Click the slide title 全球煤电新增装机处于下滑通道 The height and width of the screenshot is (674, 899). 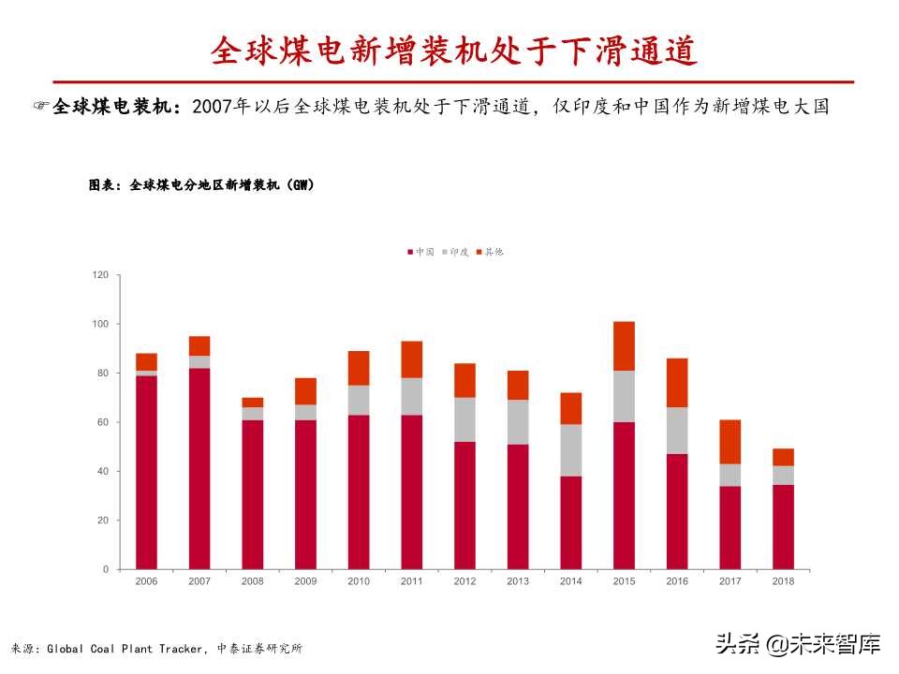click(x=454, y=51)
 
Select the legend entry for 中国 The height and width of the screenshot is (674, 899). click(x=421, y=252)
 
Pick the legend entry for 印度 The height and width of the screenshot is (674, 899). click(x=455, y=252)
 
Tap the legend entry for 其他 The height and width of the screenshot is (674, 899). click(x=490, y=252)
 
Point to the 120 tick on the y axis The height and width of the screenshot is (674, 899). click(x=100, y=274)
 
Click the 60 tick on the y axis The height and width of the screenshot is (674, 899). click(x=103, y=422)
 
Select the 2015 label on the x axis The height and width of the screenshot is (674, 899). click(x=624, y=581)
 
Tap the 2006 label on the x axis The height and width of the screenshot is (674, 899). click(x=146, y=581)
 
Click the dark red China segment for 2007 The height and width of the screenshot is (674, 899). click(x=199, y=468)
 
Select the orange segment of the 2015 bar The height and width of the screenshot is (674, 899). click(x=624, y=345)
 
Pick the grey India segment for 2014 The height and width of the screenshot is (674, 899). click(x=570, y=450)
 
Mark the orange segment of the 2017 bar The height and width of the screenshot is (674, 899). click(x=730, y=442)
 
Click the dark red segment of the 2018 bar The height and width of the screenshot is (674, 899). click(x=783, y=526)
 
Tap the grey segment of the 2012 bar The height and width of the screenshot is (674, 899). click(x=464, y=419)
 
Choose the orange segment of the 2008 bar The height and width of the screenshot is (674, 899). click(x=252, y=403)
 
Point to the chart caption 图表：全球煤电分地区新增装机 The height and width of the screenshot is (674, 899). click(x=201, y=185)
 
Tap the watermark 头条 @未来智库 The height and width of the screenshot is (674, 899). click(x=798, y=644)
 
